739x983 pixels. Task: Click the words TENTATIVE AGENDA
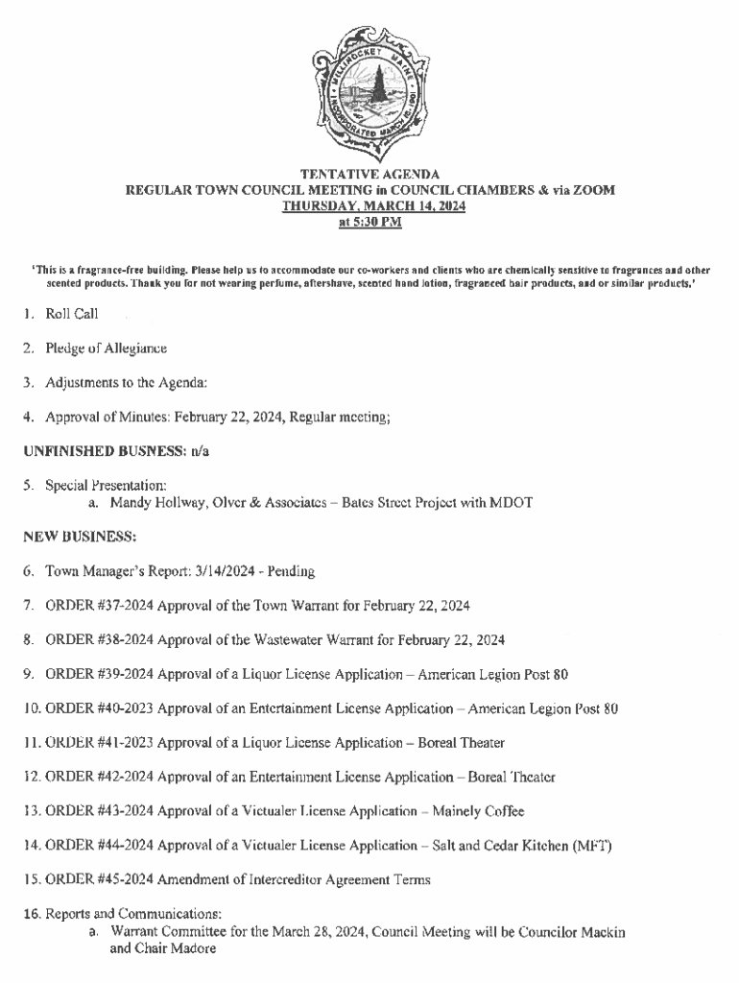click(369, 175)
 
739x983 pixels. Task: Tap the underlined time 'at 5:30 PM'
click(369, 222)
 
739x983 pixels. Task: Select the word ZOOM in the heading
click(593, 190)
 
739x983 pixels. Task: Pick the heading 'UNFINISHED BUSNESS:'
click(89, 450)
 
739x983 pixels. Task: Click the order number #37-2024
click(126, 606)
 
